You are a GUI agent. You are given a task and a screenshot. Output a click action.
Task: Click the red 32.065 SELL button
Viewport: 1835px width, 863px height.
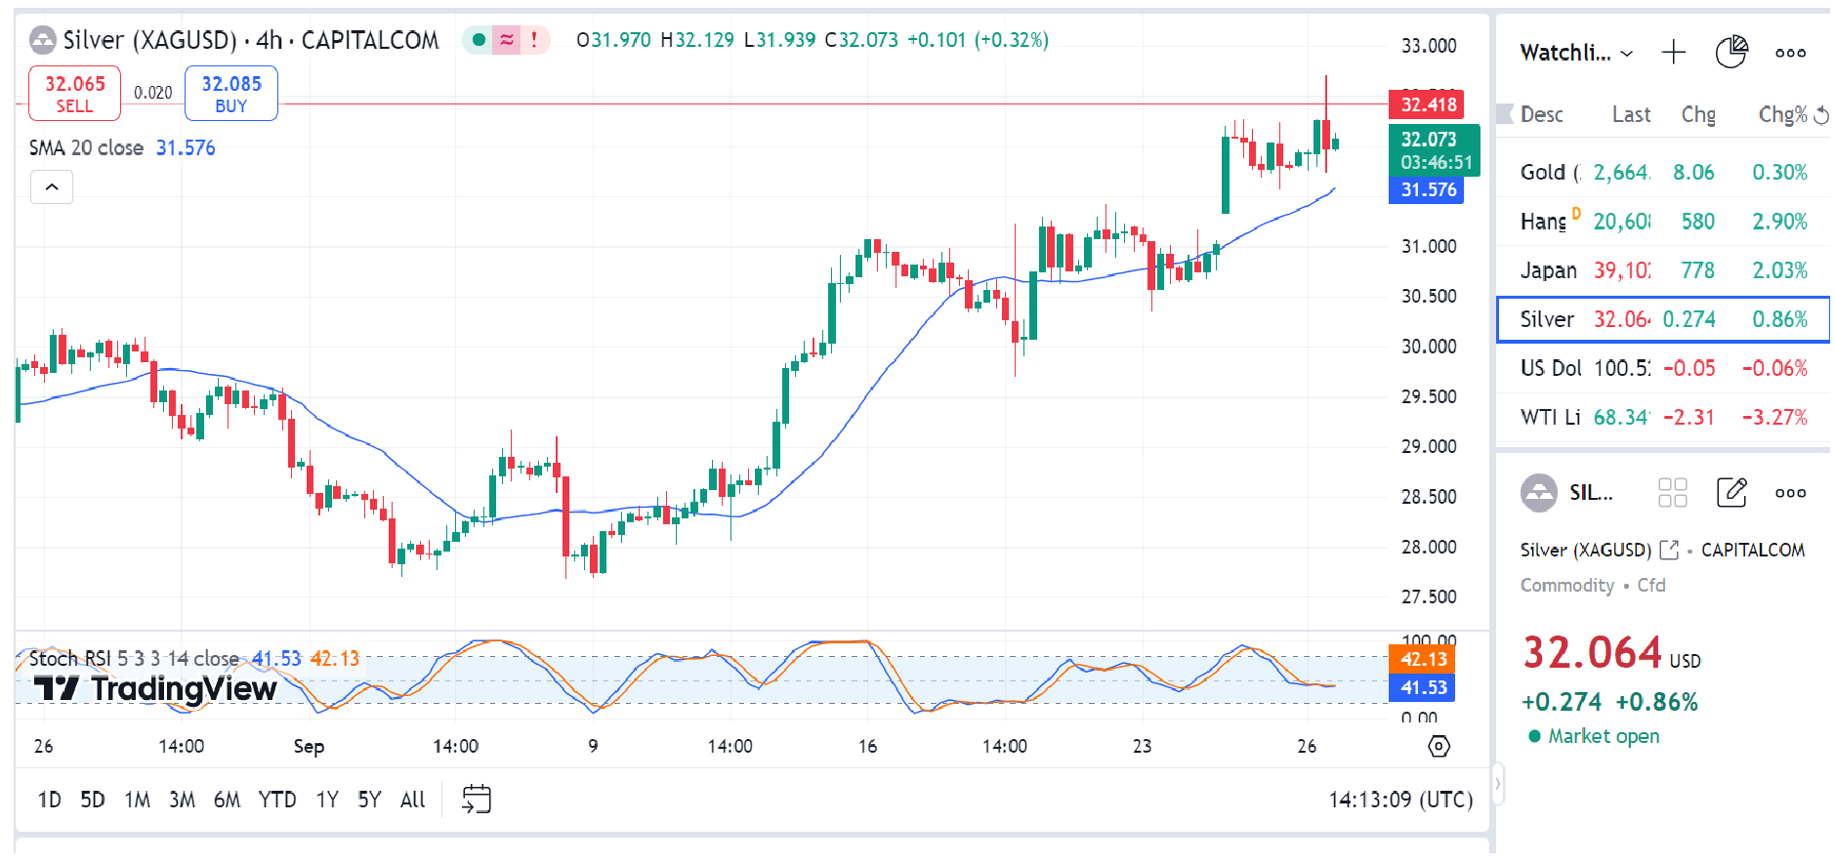pos(74,94)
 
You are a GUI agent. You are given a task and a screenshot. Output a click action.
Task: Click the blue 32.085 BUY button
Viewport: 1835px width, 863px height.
pos(231,94)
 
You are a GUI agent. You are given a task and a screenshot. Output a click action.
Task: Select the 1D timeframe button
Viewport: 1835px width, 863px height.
pos(49,801)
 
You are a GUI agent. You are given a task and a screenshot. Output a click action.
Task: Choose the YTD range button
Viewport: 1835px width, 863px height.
pos(276,801)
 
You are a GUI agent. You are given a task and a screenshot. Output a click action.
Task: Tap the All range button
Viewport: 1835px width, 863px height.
pos(412,801)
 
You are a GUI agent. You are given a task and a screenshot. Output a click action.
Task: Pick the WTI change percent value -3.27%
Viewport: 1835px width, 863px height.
pos(1774,418)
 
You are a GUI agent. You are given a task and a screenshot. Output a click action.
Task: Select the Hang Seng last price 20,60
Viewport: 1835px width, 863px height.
pos(1621,222)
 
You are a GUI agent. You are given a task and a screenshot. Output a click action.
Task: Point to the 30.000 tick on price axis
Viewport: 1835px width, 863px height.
pos(1429,347)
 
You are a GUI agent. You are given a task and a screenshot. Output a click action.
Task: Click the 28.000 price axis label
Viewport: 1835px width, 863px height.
pos(1429,547)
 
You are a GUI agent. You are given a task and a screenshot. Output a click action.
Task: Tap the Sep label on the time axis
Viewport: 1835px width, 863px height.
pos(309,747)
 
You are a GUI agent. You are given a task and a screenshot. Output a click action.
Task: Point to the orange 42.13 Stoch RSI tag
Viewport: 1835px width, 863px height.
pos(1422,659)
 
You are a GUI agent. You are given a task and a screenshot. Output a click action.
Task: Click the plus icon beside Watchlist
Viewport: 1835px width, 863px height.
pos(1674,53)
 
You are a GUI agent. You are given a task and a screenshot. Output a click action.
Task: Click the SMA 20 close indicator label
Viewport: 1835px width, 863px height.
pos(86,148)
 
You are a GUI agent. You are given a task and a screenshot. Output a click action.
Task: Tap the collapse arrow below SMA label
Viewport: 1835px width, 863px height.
pos(52,186)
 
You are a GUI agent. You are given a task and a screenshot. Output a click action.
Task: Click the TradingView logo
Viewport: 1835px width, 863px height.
pos(156,689)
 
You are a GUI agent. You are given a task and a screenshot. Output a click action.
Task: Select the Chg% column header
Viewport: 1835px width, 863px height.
pos(1782,115)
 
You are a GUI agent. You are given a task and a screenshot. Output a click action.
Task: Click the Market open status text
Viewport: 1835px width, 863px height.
pos(1603,736)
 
